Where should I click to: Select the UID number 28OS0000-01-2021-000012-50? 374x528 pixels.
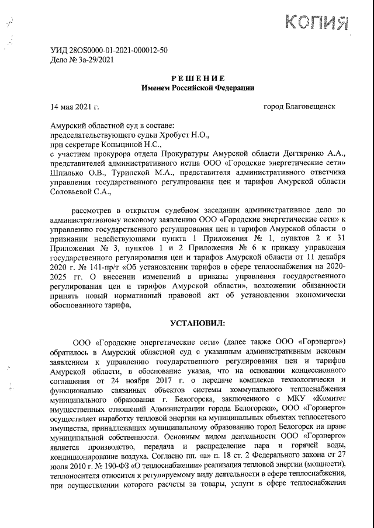pos(115,50)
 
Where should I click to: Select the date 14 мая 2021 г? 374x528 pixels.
pos(75,107)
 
